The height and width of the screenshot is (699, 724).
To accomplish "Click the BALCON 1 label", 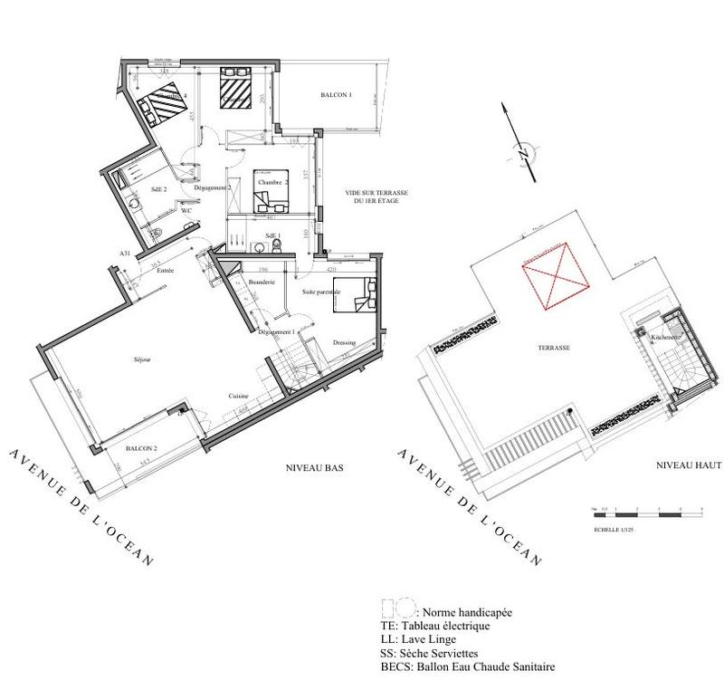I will point(336,94).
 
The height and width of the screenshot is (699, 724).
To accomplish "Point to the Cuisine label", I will point(239,396).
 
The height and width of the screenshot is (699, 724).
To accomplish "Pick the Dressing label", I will point(344,342).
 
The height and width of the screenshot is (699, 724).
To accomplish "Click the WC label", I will point(187,210).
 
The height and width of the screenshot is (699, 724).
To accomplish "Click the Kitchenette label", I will point(665,338).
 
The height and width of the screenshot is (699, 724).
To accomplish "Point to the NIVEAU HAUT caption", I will point(689,464).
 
